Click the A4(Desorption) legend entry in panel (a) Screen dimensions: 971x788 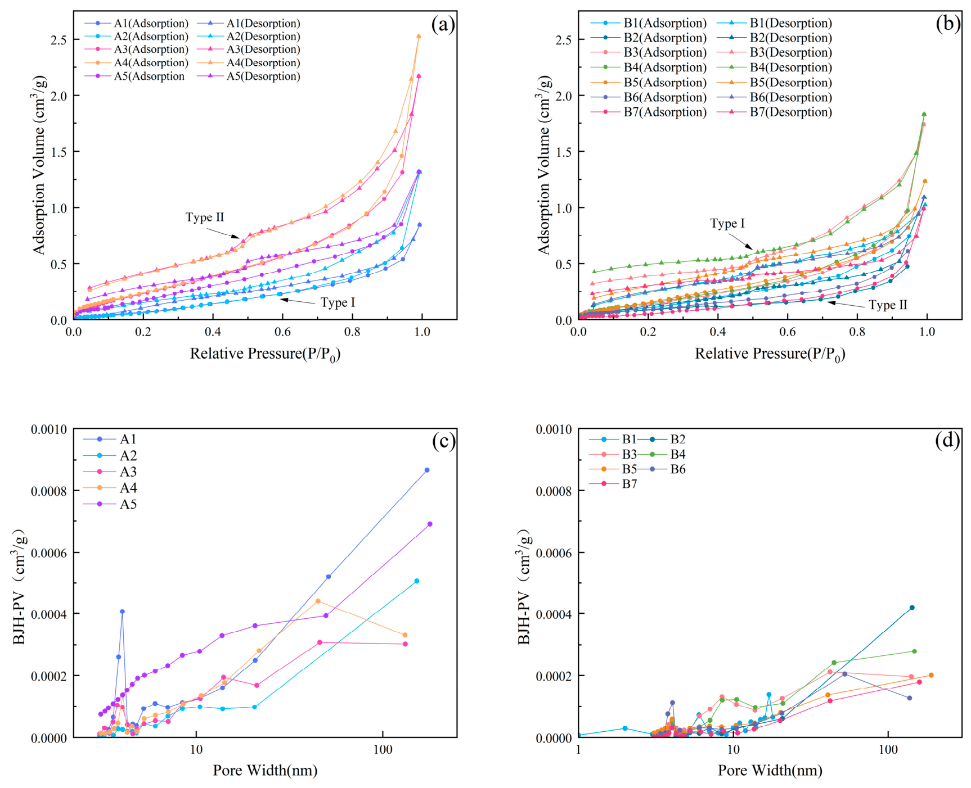[x=249, y=63]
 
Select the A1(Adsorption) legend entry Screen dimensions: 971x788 [x=137, y=24]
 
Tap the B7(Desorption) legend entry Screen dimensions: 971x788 [x=775, y=112]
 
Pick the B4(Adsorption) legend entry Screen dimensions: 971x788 [x=649, y=67]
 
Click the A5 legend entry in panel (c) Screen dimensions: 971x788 [x=110, y=504]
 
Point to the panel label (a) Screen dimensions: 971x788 [x=443, y=25]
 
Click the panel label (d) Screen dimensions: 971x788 [x=948, y=441]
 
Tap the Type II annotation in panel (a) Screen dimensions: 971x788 [x=205, y=218]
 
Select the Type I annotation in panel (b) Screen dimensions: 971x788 [x=727, y=224]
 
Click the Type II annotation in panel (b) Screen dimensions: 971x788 [x=888, y=305]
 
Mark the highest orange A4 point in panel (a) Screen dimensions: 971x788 [x=419, y=37]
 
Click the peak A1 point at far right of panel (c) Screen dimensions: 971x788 [x=427, y=470]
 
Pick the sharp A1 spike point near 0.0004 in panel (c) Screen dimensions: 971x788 [x=122, y=612]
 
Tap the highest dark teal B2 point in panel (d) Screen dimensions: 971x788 [x=912, y=608]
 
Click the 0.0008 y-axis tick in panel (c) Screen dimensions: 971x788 [x=49, y=491]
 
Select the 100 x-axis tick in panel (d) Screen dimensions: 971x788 [x=888, y=750]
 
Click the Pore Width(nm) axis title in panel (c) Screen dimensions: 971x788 [x=265, y=770]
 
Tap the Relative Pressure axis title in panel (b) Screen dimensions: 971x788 [x=770, y=354]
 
